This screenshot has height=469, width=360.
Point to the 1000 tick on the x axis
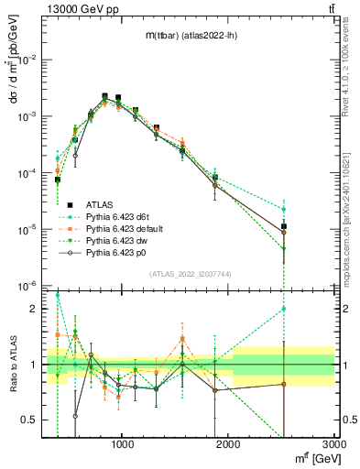[124, 447]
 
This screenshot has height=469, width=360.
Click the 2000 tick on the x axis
[229, 447]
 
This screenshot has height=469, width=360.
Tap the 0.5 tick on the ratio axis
[32, 420]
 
